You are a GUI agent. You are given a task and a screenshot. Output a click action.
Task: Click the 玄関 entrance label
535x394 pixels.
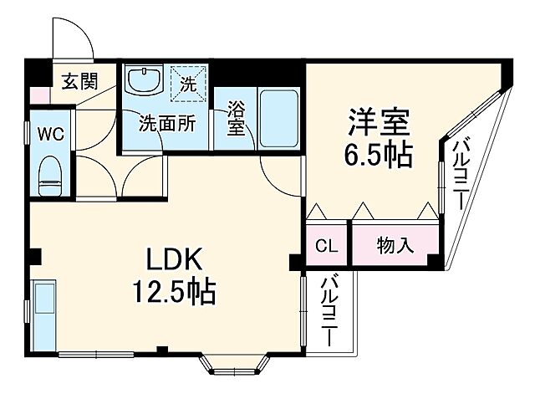pyautogui.click(x=79, y=81)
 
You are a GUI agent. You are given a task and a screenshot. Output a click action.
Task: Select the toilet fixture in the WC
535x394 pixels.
pyautogui.click(x=51, y=172)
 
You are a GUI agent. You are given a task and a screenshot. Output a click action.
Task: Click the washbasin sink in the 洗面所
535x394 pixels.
pyautogui.click(x=145, y=82)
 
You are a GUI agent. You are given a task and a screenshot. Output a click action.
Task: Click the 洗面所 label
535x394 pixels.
pyautogui.click(x=167, y=124)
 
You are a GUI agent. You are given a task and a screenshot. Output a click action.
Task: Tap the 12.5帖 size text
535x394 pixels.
pyautogui.click(x=173, y=292)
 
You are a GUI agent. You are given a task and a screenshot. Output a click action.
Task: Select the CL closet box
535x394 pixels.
pyautogui.click(x=326, y=246)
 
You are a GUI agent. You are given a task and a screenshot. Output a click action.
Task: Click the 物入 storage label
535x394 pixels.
pyautogui.click(x=395, y=246)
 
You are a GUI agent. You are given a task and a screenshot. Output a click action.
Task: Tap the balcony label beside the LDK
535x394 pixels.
pyautogui.click(x=329, y=312)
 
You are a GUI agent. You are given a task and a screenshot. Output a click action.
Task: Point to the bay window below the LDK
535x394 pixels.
pyautogui.click(x=232, y=364)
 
